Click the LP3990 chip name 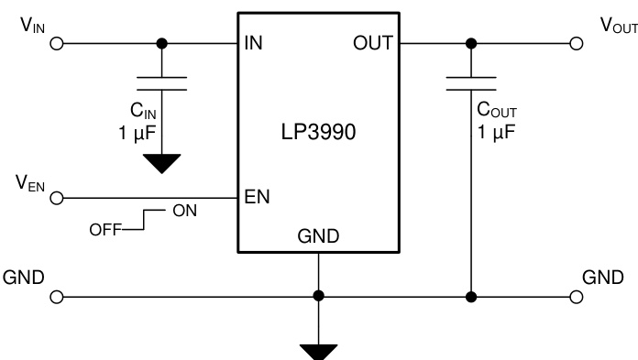coord(318,131)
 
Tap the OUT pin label coord(373,43)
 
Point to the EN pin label coord(256,197)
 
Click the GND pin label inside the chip coord(318,236)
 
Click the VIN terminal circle coord(59,43)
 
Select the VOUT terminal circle coord(577,43)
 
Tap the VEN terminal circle coord(59,197)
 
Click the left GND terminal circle coord(59,297)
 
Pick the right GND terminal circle coord(577,297)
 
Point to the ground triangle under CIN coord(162,164)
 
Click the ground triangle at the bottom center coord(318,352)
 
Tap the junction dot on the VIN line coord(162,43)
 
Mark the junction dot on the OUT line coord(471,43)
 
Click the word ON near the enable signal coord(183,212)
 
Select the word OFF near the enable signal coord(104,229)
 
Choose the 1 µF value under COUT coord(496,131)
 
